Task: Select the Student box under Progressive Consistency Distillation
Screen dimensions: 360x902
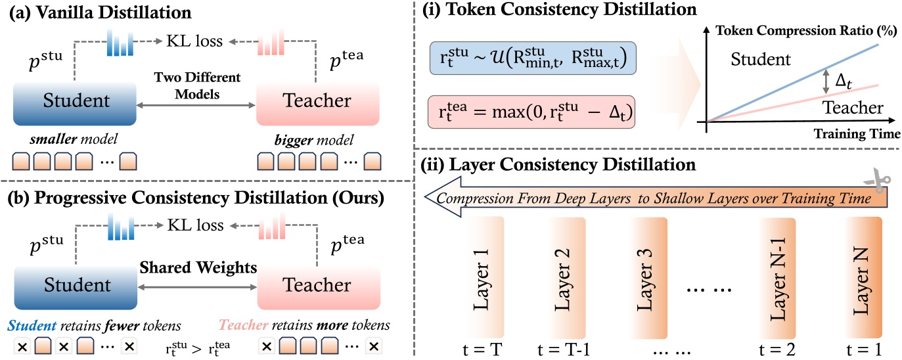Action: click(x=74, y=285)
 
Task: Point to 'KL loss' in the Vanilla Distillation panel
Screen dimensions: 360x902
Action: click(x=196, y=42)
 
